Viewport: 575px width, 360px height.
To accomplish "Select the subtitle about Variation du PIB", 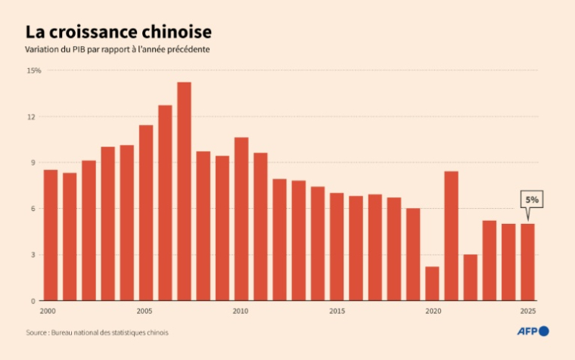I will coord(117,50).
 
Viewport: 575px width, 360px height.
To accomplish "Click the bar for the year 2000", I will coord(51,235).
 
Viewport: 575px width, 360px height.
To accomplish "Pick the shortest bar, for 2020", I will coord(432,284).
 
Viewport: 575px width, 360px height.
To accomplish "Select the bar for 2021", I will coord(451,236).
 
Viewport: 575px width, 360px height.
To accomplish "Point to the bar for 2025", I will coord(527,262).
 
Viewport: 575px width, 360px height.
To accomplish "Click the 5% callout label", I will coord(532,200).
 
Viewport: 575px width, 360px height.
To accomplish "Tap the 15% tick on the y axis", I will coord(33,70).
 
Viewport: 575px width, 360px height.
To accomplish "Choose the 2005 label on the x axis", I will coord(145,311).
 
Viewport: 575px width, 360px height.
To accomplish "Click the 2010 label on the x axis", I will coord(241,311).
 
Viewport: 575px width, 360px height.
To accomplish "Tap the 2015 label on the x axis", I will coord(337,311).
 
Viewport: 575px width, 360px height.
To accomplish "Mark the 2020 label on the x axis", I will coord(432,311).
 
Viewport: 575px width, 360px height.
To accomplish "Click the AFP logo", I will coord(533,331).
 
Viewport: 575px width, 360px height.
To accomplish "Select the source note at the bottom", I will coord(97,332).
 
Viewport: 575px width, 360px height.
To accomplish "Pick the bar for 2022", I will coord(470,278).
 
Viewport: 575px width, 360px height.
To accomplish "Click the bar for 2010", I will coord(241,219).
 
